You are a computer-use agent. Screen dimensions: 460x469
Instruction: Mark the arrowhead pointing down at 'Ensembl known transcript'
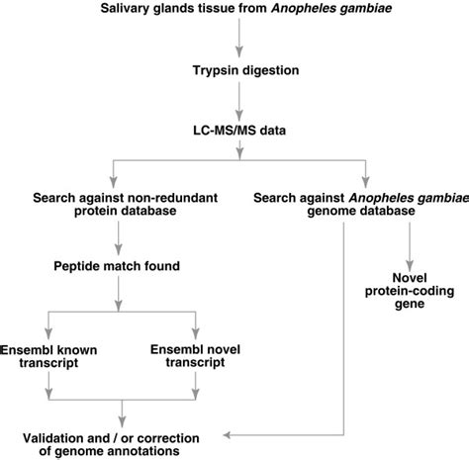pos(51,333)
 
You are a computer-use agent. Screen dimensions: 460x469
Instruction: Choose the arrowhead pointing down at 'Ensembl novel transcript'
pos(195,333)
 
